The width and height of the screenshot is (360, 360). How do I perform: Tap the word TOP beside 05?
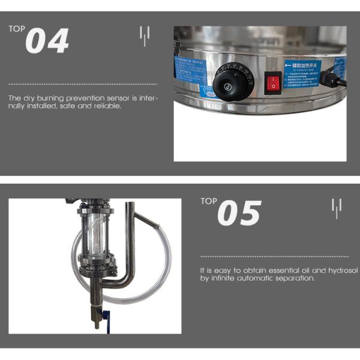[209, 201]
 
